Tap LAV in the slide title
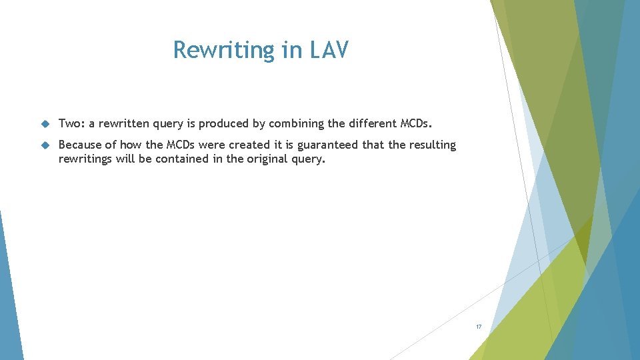(329, 50)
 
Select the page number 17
(478, 327)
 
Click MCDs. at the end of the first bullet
(416, 123)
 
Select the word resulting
(433, 145)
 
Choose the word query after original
(309, 159)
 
